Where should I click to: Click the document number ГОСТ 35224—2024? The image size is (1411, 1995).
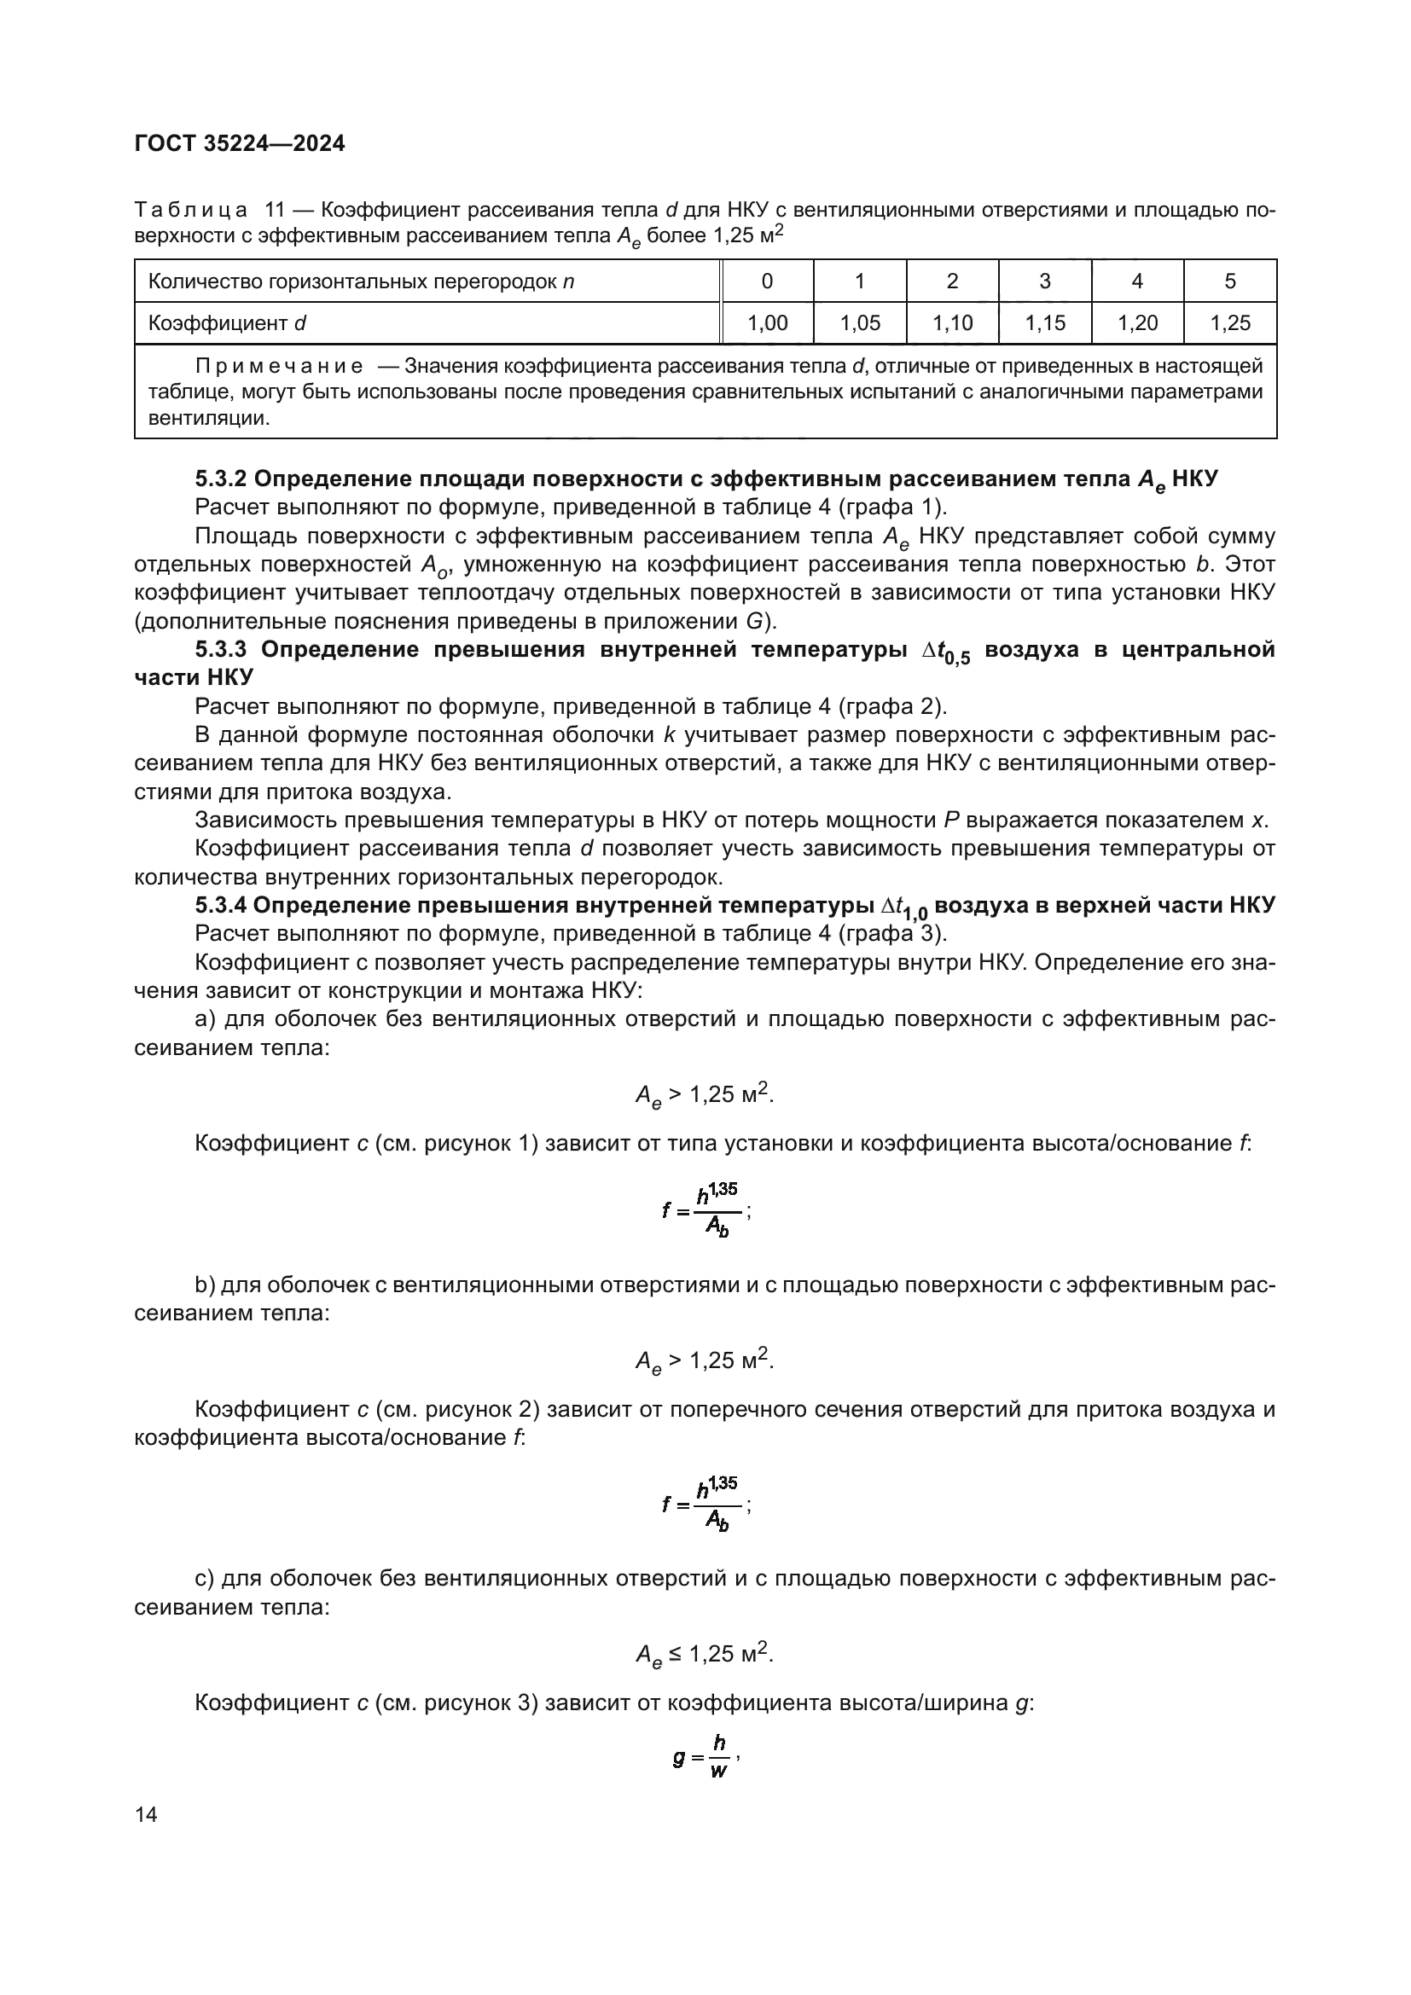(240, 143)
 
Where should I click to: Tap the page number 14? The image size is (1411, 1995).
(147, 1815)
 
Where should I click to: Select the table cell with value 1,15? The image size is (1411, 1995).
(1044, 323)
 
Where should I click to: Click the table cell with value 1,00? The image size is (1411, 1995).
(767, 323)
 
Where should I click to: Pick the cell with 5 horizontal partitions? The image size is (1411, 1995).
(1229, 281)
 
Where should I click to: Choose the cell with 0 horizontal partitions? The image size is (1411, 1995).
(767, 281)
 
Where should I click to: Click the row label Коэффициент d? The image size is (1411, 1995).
(228, 323)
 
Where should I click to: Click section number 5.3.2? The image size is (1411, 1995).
(221, 478)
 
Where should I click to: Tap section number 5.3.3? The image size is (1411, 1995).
(221, 649)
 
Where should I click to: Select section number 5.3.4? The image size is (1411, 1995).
(221, 906)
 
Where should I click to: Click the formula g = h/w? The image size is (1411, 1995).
(705, 1757)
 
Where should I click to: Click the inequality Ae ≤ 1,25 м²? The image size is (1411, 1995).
(705, 1655)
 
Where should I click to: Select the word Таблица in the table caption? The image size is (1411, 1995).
(191, 211)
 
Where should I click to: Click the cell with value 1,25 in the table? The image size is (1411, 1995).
(1229, 323)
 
